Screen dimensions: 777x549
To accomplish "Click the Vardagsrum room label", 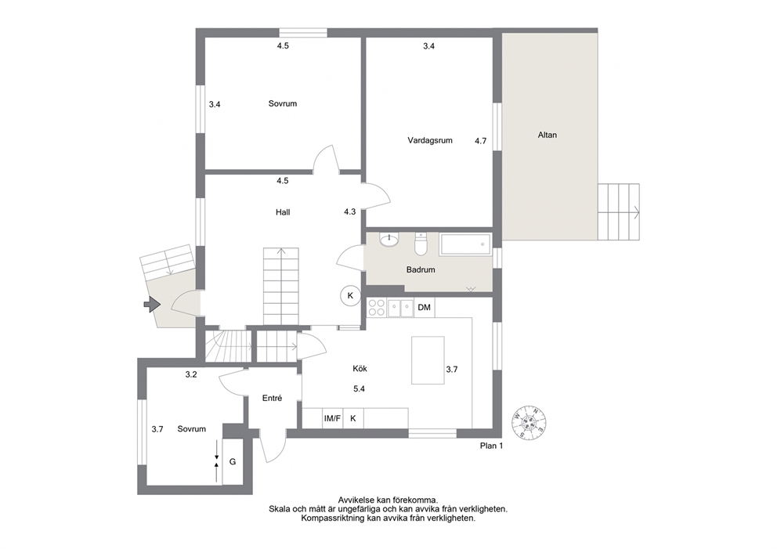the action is (430, 141).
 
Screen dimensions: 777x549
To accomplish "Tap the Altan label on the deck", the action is (547, 135).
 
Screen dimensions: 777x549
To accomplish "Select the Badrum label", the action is (421, 270).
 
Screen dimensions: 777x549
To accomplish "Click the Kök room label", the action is (360, 369).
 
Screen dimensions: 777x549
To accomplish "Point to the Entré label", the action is (272, 398).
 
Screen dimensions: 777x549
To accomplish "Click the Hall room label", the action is (283, 212).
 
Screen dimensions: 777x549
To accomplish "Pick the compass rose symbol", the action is (529, 421).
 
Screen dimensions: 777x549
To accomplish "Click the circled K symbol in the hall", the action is (350, 296).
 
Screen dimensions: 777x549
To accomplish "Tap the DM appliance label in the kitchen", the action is (425, 308).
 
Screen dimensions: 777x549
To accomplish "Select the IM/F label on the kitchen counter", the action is (332, 419).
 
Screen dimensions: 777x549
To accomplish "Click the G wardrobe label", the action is (233, 462).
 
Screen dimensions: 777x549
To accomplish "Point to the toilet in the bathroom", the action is (421, 244).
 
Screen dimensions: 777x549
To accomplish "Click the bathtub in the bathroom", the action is (466, 244).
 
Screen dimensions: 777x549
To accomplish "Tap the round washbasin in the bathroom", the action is (389, 240).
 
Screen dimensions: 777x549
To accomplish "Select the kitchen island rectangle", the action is (428, 360).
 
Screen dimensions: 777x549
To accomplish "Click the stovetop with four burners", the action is (377, 308).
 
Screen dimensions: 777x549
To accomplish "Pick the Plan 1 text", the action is (492, 446).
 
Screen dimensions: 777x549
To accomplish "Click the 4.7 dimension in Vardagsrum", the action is (481, 141).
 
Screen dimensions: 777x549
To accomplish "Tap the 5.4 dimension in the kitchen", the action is (360, 389).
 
